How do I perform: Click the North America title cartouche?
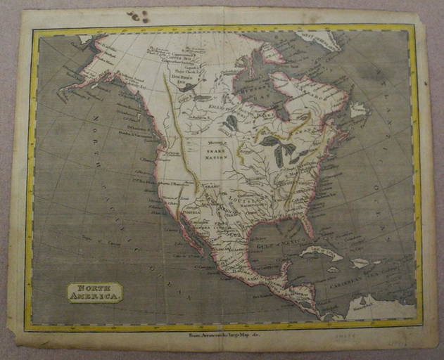click(95, 291)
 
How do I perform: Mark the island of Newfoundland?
click(359, 110)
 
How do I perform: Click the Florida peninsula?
click(307, 226)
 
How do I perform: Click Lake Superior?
click(270, 141)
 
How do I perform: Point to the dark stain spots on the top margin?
click(138, 16)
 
